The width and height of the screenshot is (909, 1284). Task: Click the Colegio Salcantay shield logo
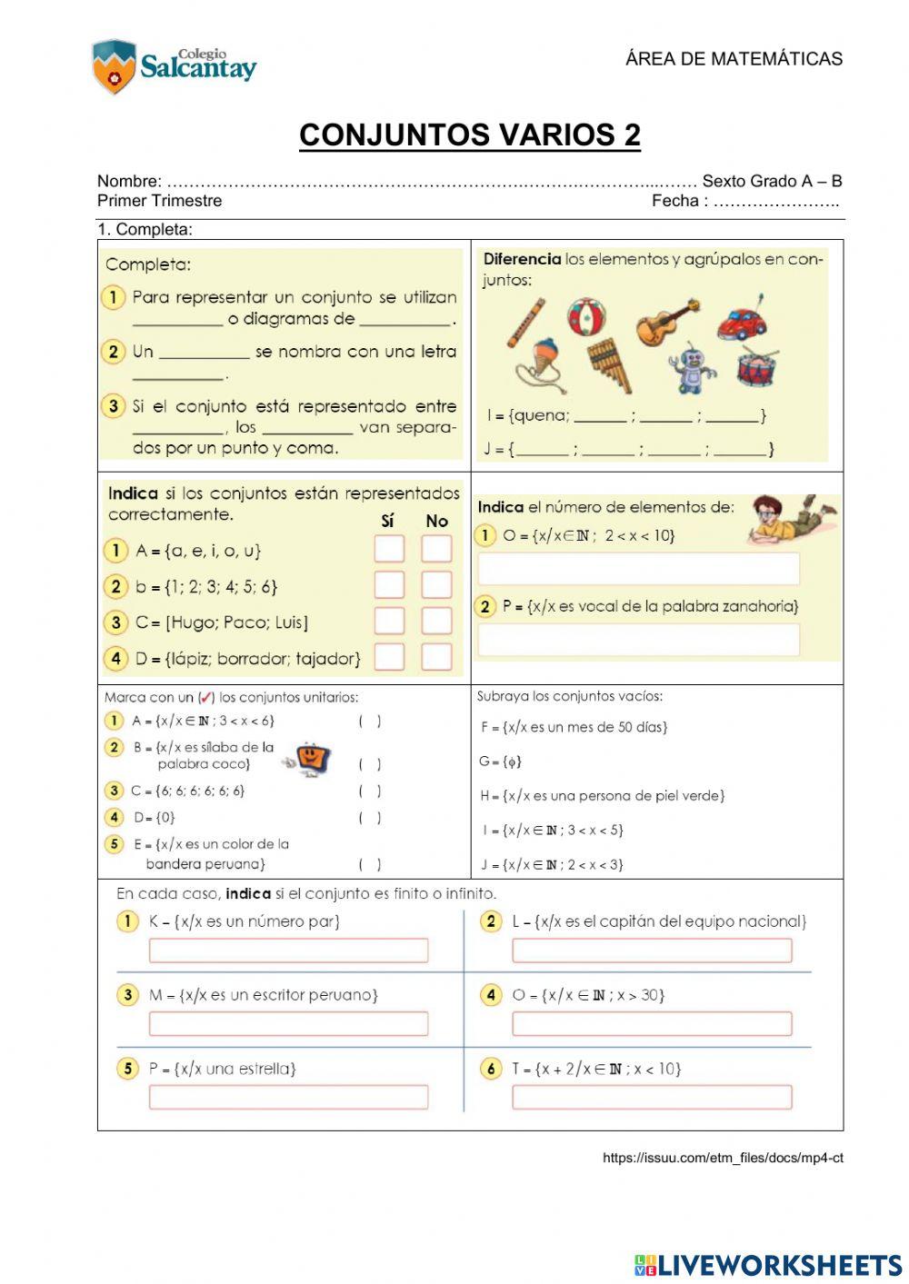click(x=114, y=66)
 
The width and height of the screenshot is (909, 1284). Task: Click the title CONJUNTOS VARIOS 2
click(x=470, y=134)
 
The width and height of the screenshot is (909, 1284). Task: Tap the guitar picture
click(x=667, y=321)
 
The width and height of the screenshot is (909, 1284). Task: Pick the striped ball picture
click(x=587, y=317)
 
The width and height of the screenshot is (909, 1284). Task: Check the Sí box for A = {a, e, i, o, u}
click(x=389, y=549)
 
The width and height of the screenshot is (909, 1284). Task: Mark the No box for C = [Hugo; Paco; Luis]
click(x=436, y=621)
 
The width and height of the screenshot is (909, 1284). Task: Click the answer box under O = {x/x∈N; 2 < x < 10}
click(x=639, y=569)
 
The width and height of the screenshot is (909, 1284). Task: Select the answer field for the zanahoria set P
click(x=639, y=640)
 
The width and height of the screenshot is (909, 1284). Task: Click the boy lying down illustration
click(x=791, y=520)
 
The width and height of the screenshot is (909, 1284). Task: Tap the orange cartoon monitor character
click(x=311, y=757)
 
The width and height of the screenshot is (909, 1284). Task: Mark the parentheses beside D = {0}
click(x=369, y=818)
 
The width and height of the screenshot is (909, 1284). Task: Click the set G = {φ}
click(x=501, y=761)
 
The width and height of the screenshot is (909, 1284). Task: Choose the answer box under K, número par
click(x=288, y=951)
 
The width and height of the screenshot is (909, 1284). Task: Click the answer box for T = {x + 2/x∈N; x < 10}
click(x=652, y=1097)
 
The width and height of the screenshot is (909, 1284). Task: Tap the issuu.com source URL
click(x=723, y=1158)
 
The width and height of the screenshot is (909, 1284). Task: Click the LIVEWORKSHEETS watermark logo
click(x=768, y=1265)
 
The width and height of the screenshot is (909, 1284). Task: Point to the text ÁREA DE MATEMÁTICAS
click(x=734, y=59)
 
